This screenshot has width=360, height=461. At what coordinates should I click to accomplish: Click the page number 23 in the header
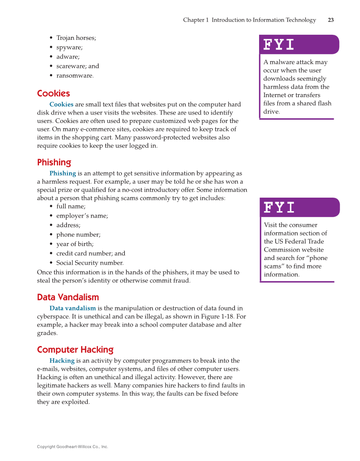pos(331,20)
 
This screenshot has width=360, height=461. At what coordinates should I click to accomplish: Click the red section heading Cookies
pos(53,93)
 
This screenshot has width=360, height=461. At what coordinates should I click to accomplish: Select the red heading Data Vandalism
pos(68,297)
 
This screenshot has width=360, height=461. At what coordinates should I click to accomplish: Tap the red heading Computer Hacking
pos(75,349)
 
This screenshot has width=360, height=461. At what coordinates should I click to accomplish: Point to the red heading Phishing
pos(54,162)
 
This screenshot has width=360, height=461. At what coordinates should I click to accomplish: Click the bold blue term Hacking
pos(62,360)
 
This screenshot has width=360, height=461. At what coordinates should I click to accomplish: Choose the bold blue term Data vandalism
pos(73,308)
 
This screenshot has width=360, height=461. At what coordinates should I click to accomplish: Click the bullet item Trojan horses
pos(76,38)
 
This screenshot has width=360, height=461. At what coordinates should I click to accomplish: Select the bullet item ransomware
pos(75,75)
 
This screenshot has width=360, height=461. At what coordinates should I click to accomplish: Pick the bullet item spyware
pos(70,47)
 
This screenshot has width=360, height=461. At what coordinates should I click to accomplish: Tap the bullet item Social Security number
pos(89,263)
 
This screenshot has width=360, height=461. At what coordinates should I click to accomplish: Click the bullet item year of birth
pos(75,244)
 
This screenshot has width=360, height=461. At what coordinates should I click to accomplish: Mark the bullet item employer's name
pos(82,215)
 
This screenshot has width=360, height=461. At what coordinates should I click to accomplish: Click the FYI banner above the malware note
pos(299,45)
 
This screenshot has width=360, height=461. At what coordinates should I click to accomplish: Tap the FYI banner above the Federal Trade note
pos(299,207)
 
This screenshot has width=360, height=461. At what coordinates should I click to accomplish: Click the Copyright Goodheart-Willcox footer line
pos(73,447)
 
